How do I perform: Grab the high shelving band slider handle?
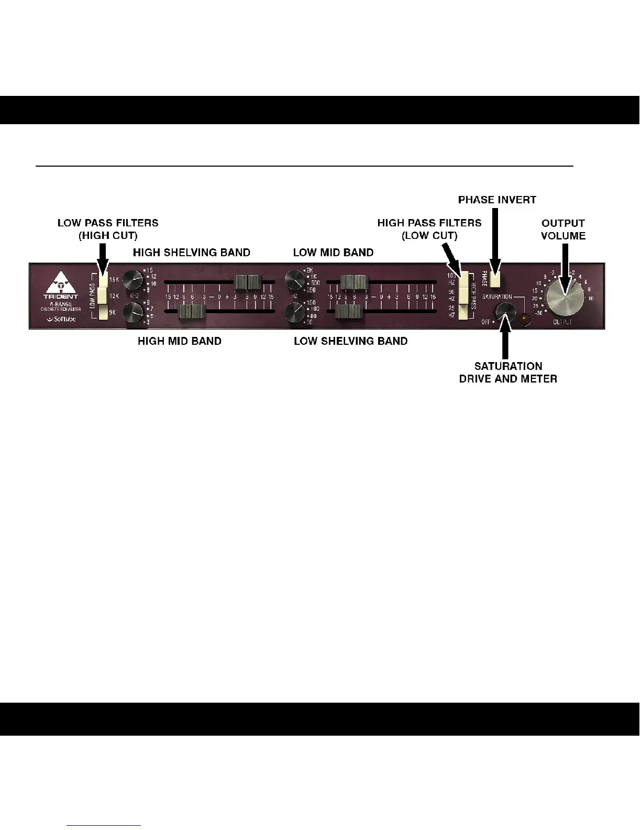248,283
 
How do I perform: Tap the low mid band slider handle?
353,283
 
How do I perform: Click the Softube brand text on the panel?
61,319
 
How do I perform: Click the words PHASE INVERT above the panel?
497,200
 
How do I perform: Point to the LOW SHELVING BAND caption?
350,341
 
